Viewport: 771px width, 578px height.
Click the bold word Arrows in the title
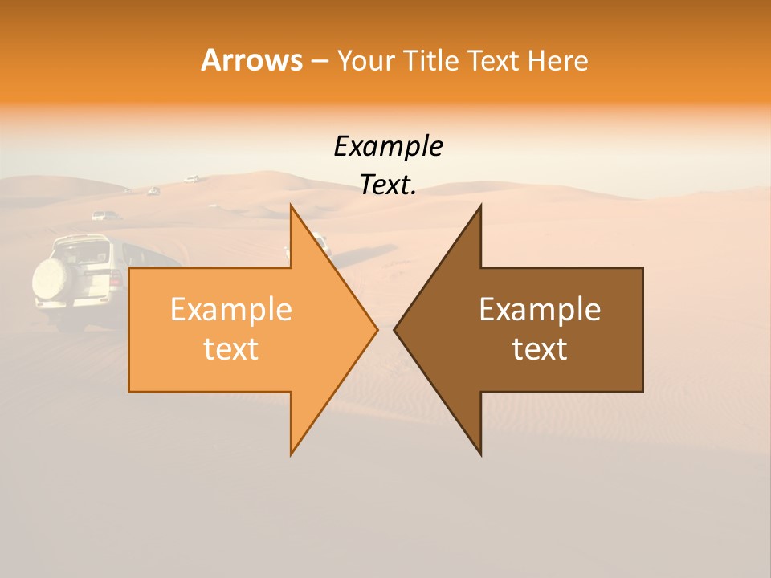pos(251,60)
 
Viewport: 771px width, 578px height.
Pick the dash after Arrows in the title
pos(319,62)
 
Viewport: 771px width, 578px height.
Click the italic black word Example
pos(388,147)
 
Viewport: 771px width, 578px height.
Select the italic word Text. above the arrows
pos(388,185)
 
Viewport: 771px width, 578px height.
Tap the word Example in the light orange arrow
pos(231,309)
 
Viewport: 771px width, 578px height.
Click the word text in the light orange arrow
pos(231,348)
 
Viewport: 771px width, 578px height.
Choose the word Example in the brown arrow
pos(540,309)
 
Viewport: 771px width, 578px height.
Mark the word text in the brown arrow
pos(540,348)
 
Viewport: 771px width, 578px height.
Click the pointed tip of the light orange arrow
pos(377,329)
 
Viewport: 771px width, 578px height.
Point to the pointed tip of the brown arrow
pos(395,329)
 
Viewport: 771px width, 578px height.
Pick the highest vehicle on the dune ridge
pos(191,178)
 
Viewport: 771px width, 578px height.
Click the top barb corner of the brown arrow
pos(480,206)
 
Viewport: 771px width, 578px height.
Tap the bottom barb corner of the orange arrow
pos(292,454)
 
